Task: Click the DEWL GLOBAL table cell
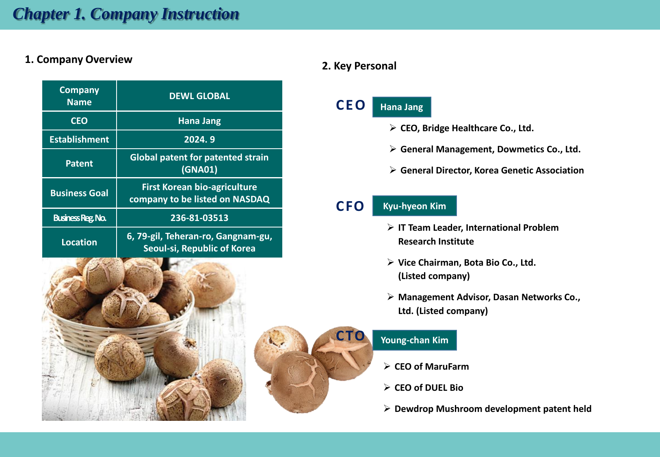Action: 199,96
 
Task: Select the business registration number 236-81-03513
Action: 199,218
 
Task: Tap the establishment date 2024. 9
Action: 199,139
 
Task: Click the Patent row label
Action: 79,163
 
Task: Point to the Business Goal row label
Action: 79,193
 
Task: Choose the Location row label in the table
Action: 79,242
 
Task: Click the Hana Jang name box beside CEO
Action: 402,107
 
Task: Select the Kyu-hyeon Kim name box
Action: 415,206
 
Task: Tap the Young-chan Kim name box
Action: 415,340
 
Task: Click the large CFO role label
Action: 350,206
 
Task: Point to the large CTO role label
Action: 351,336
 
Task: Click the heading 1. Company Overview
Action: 79,59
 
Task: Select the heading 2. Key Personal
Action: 359,66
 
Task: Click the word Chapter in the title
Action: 41,14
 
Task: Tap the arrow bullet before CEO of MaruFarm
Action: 387,366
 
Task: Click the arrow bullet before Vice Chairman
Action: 391,262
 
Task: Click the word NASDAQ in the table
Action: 251,199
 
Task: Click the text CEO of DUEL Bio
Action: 429,388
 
